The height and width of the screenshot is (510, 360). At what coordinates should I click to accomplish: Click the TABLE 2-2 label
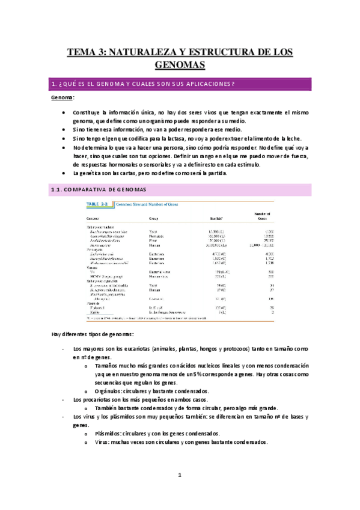[x=99, y=204]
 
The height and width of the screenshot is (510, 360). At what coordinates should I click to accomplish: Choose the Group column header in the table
[x=154, y=218]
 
